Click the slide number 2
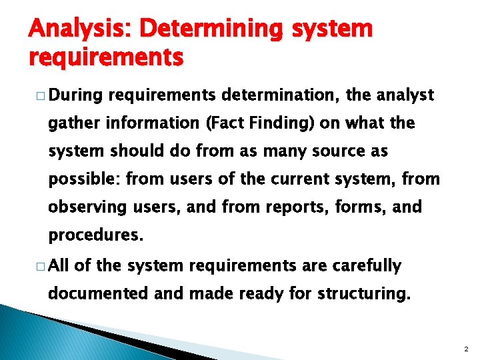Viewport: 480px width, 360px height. click(x=465, y=348)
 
